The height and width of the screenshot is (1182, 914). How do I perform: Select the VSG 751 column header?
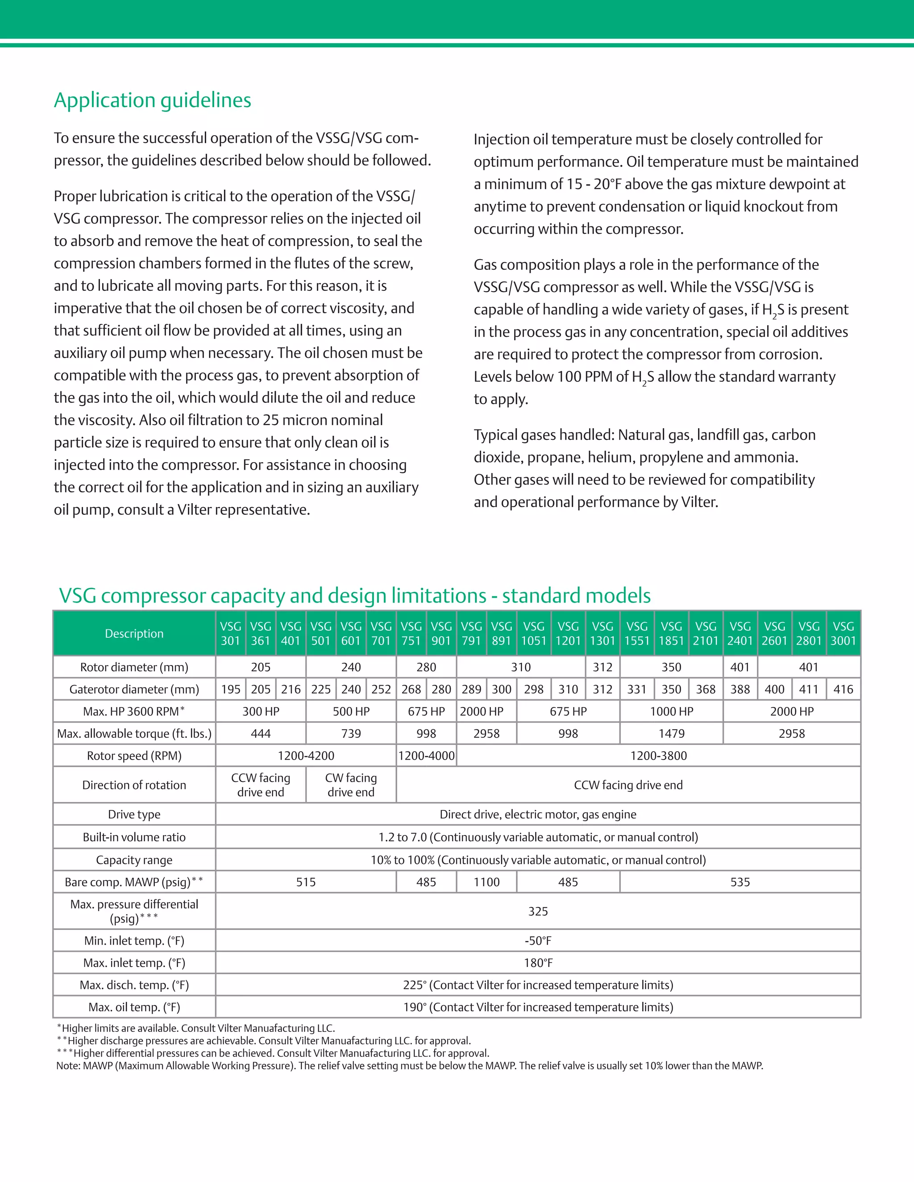[411, 633]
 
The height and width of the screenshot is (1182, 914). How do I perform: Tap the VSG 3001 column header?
[843, 633]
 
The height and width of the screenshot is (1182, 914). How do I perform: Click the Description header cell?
[134, 633]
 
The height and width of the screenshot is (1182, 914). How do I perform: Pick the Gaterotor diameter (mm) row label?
[134, 689]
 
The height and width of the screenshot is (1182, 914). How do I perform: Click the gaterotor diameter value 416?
[843, 689]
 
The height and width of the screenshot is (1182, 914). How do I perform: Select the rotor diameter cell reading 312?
[602, 667]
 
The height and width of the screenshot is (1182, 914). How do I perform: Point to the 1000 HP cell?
[671, 711]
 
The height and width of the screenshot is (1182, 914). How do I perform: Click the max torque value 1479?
[671, 733]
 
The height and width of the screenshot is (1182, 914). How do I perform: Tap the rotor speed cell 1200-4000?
[426, 756]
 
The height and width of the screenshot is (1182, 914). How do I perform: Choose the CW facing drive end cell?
[351, 785]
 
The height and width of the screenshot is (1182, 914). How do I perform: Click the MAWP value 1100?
[486, 882]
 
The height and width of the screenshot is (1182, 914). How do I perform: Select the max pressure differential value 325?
[538, 911]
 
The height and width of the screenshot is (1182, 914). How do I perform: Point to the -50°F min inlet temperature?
[538, 941]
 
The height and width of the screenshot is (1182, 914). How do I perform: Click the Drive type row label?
[134, 814]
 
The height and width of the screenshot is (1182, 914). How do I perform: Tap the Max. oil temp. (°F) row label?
[134, 1007]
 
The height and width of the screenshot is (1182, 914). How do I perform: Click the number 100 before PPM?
[569, 377]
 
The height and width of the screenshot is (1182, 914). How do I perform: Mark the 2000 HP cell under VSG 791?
[482, 711]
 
